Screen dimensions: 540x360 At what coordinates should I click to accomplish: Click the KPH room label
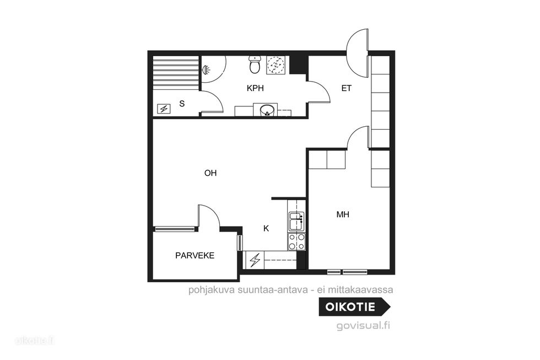255,88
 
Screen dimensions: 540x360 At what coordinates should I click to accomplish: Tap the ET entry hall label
347,88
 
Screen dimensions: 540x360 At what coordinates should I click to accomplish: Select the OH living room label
210,173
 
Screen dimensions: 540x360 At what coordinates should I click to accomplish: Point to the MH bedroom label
343,214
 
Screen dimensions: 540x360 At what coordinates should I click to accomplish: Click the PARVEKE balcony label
195,256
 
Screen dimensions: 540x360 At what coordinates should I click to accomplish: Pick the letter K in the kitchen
266,228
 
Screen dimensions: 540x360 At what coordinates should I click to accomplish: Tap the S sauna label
182,103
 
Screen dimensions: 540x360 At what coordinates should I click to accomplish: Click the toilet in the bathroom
255,65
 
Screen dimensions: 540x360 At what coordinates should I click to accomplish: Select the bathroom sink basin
267,111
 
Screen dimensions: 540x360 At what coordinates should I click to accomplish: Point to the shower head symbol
206,69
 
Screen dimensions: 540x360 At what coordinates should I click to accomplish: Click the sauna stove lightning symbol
164,109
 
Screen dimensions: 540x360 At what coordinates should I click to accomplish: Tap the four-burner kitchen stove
296,241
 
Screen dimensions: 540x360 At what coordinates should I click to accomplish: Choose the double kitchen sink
296,221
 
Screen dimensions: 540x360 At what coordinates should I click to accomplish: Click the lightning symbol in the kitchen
255,260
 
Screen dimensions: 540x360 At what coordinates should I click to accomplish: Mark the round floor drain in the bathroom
275,65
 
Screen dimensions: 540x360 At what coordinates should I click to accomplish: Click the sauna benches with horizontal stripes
176,73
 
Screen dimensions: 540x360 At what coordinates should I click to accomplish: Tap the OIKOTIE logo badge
355,307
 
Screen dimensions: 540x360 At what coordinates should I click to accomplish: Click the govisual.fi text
363,326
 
